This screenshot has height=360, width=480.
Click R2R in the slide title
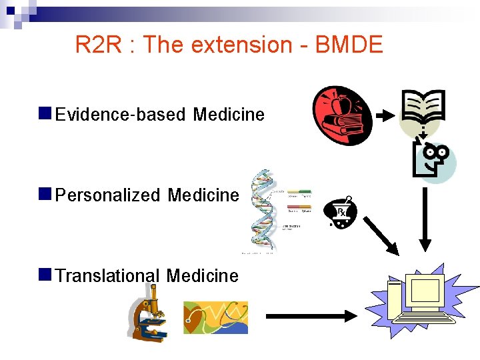click(x=99, y=45)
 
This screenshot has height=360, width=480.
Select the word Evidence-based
click(x=121, y=115)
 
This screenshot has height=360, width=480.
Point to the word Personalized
click(x=108, y=195)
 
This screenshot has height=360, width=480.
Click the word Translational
click(x=108, y=275)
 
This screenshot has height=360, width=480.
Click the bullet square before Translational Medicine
click(x=45, y=273)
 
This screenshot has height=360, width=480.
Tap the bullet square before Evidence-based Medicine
click(x=45, y=113)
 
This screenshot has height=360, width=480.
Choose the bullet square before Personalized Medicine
click(x=45, y=193)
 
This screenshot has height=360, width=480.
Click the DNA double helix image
click(x=261, y=210)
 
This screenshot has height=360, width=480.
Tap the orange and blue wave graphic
click(x=215, y=317)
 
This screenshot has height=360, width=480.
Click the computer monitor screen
click(x=425, y=292)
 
